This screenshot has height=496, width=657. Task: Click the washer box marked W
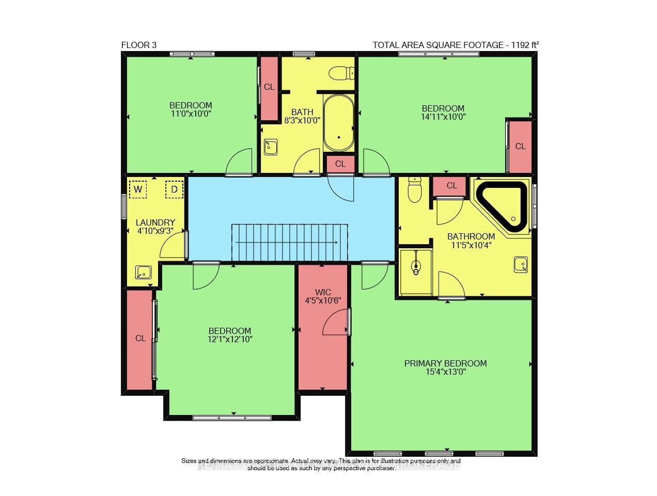point(137,189)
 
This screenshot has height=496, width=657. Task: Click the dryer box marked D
point(174,189)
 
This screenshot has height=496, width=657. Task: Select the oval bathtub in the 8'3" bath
point(339,123)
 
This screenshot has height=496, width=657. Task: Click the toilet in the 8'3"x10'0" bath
point(341,73)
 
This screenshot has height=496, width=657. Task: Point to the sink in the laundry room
point(143,272)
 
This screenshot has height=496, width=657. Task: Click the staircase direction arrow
point(287,242)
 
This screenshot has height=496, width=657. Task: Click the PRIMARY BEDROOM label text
point(445,363)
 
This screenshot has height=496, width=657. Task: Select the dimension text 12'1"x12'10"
point(230,340)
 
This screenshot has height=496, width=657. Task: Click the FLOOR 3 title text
point(138,45)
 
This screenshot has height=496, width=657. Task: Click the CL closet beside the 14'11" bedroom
point(520,147)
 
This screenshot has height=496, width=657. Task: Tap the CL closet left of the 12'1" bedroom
point(140,339)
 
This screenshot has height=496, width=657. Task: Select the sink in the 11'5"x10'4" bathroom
point(520,265)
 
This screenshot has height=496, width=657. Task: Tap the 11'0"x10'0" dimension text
point(191,114)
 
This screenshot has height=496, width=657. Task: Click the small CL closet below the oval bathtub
point(340,164)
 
